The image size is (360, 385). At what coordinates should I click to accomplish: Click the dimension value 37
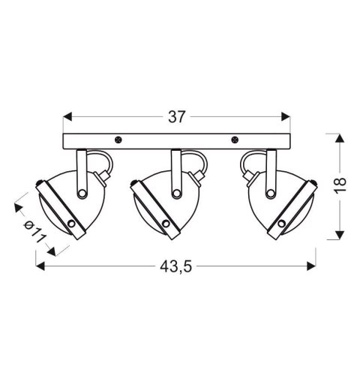[177, 117]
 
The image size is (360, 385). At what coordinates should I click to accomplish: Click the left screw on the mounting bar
[118, 139]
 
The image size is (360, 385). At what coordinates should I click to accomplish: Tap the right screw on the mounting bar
[235, 139]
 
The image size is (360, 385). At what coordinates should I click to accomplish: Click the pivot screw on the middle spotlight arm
[176, 194]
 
